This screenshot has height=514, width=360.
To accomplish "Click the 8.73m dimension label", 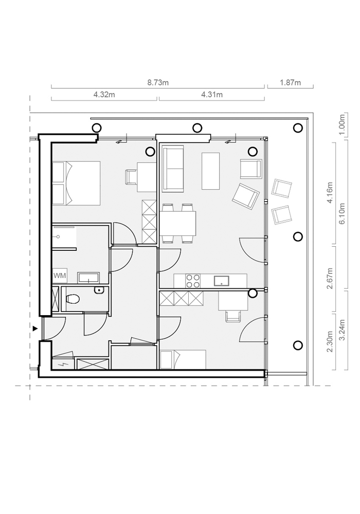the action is tap(158, 83).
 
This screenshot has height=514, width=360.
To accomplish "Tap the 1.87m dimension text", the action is tap(290, 83).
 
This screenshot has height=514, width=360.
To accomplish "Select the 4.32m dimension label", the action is tap(104, 95).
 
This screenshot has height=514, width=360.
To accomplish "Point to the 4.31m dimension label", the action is tap(212, 95).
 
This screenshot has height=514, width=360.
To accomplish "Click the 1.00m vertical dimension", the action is tap(342, 124).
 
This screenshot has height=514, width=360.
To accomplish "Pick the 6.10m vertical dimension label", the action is tap(342, 213).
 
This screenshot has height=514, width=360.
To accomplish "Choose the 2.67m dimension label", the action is tap(330, 278).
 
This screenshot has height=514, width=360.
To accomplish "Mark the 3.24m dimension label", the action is tap(342, 330).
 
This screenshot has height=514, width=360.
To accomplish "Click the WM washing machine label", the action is tap(60, 276).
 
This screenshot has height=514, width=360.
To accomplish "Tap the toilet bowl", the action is tap(73, 299).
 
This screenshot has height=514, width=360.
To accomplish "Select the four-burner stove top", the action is tap(193, 281).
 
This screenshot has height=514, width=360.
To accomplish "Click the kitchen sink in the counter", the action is tap(222, 281).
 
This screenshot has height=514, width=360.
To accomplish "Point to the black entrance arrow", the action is tap(35, 328).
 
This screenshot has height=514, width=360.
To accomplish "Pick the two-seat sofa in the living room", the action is tap(173, 168).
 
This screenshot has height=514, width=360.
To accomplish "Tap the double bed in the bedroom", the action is tap(76, 183).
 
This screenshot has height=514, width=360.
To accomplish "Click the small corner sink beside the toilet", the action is tap(99, 290).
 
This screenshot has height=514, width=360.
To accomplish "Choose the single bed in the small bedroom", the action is tap(183, 360).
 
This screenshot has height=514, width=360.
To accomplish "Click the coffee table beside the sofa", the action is tap(210, 171).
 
